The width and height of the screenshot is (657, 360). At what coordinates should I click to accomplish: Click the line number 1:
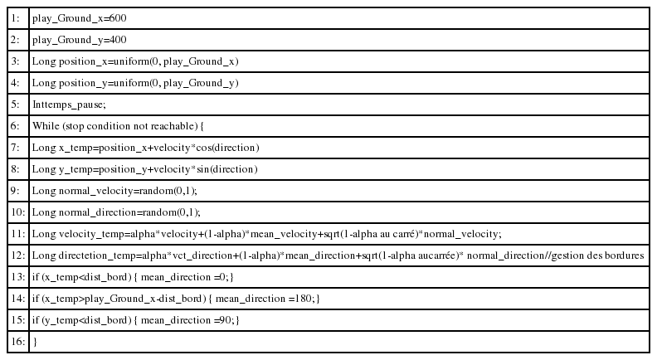tap(15, 18)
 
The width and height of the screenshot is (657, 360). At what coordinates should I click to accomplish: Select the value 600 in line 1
tap(118, 18)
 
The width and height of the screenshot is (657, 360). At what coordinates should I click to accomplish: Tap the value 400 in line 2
tap(118, 39)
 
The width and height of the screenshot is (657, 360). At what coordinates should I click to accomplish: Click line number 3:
tap(15, 61)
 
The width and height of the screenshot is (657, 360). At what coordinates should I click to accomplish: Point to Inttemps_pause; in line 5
tap(69, 105)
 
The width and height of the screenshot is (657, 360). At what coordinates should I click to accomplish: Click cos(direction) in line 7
tap(227, 148)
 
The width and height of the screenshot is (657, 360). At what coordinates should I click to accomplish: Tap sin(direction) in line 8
tap(227, 169)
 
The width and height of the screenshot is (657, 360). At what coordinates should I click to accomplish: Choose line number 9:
tap(15, 191)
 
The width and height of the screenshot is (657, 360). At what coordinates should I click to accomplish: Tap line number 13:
tap(18, 277)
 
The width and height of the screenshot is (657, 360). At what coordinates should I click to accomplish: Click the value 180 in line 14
tap(303, 299)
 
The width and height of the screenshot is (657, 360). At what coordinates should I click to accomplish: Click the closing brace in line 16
tap(35, 342)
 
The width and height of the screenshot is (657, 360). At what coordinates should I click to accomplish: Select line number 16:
tap(18, 342)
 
